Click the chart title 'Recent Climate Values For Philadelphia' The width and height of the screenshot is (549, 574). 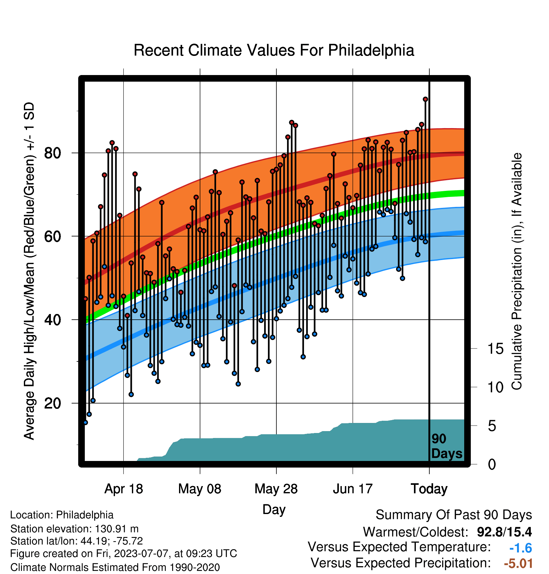[x=274, y=50]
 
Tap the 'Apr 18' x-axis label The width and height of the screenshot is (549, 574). [x=123, y=489]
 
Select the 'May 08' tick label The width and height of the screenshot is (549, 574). [x=200, y=489]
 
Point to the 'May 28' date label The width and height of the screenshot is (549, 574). [x=276, y=489]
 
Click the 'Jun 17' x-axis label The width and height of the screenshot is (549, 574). [x=353, y=489]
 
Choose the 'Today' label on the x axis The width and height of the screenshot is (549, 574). [x=429, y=489]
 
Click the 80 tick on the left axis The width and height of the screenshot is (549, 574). [x=52, y=153]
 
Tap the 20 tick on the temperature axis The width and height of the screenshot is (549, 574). [x=52, y=403]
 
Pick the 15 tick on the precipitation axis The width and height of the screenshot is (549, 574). [x=495, y=349]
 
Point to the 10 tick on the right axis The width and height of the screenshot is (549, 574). [x=495, y=387]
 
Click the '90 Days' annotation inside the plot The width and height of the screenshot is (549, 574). [x=447, y=446]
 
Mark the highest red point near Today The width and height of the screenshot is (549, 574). [x=426, y=99]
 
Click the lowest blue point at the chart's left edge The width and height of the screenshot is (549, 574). [x=85, y=423]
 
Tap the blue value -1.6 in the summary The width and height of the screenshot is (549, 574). [x=521, y=548]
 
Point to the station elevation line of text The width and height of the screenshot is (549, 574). [x=74, y=529]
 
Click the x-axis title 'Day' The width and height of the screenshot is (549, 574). [x=274, y=510]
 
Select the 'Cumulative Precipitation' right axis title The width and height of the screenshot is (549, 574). [x=517, y=272]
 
